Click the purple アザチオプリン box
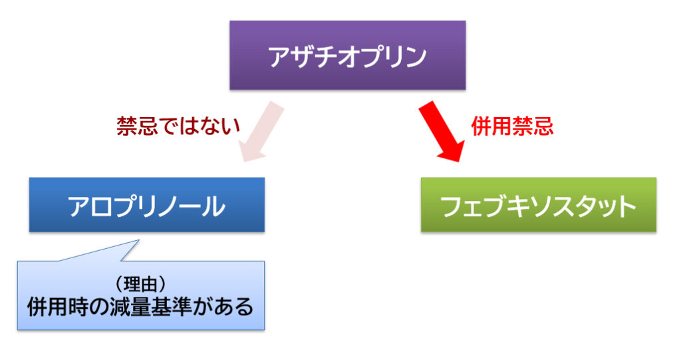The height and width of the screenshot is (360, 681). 347,55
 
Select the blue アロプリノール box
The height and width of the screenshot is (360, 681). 147,205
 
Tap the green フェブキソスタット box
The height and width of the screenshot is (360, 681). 539,205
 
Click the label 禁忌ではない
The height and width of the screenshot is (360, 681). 178,126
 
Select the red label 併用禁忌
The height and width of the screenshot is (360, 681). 512,126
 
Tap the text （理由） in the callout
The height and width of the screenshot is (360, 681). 140,284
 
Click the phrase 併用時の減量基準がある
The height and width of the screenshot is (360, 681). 140,307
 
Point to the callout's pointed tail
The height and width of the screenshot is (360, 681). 138,241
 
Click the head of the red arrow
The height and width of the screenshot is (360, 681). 452,152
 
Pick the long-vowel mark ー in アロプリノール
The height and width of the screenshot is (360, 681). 191,206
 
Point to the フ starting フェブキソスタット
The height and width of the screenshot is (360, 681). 452,206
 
